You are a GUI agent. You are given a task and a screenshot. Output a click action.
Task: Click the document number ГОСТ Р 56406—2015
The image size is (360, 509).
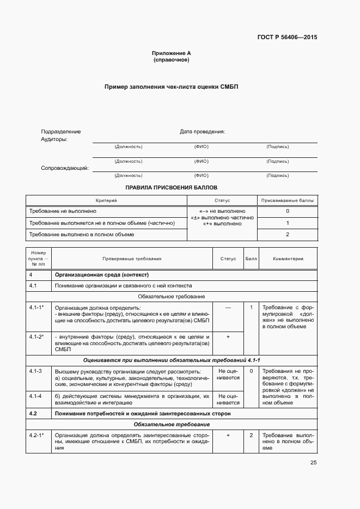pyautogui.click(x=286, y=38)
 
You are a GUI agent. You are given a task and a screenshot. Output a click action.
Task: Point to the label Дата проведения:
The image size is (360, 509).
pyautogui.click(x=202, y=132)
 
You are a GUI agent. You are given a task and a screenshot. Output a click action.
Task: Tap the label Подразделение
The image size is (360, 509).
pyautogui.click(x=61, y=132)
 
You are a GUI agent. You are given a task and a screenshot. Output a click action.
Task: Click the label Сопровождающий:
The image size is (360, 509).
pyautogui.click(x=65, y=168)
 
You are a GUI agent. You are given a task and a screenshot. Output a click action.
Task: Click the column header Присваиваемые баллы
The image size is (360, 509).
pyautogui.click(x=287, y=200)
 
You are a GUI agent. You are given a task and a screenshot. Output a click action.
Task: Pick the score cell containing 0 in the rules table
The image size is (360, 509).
pyautogui.click(x=287, y=211)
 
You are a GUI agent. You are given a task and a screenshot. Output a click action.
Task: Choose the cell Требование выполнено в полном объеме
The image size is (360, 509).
pyautogui.click(x=82, y=235)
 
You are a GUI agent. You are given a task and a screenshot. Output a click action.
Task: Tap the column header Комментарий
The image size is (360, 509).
pyautogui.click(x=288, y=259)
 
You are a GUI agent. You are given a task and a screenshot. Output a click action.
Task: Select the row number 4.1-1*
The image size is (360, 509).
pyautogui.click(x=36, y=308)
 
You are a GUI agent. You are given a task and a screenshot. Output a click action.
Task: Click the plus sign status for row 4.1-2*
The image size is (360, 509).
pyautogui.click(x=228, y=337)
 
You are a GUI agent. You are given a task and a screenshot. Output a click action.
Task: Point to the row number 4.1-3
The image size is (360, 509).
pyautogui.click(x=36, y=371)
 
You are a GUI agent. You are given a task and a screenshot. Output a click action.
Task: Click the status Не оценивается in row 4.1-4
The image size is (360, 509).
pyautogui.click(x=228, y=399)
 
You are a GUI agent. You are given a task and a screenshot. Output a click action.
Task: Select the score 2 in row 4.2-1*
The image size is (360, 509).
pyautogui.click(x=251, y=436)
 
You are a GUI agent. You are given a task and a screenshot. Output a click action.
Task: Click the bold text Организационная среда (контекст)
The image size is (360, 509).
pyautogui.click(x=102, y=274)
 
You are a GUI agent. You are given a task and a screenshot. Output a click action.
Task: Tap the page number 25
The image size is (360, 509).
pyautogui.click(x=313, y=463)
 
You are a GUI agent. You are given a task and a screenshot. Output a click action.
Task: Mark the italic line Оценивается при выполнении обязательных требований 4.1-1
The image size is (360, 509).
pyautogui.click(x=172, y=360)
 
